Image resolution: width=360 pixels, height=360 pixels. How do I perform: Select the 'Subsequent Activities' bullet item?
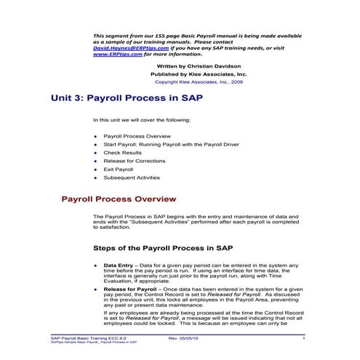pos(132,177)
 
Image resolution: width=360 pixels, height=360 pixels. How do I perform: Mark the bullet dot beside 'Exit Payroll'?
pos(96,169)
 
